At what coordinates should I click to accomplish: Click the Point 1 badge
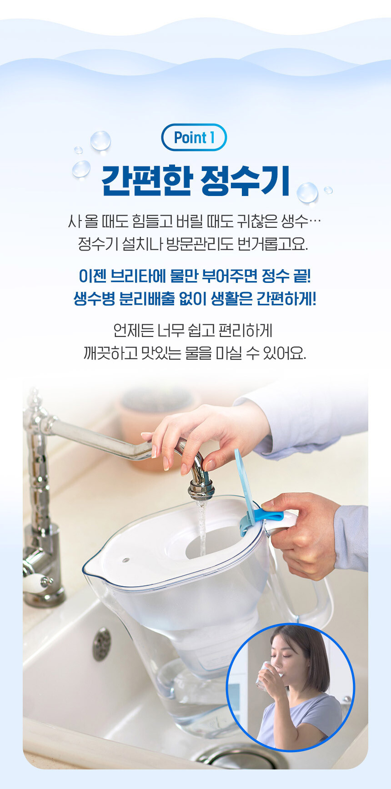(x=194, y=137)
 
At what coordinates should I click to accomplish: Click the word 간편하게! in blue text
(x=286, y=299)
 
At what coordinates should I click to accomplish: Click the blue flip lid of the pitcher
(x=246, y=482)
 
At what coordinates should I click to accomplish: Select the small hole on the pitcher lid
(x=126, y=560)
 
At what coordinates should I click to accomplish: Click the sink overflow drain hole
(x=102, y=643)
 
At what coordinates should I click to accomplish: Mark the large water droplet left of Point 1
(x=100, y=140)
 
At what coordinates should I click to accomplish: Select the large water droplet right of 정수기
(x=307, y=192)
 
